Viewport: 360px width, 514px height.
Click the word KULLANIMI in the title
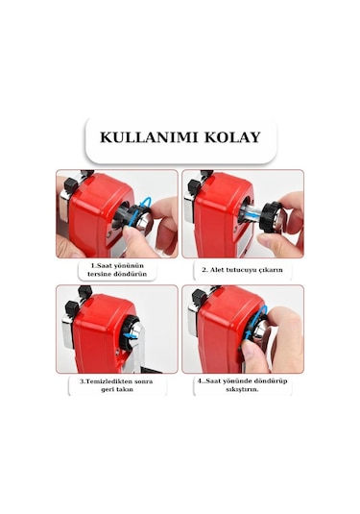149,137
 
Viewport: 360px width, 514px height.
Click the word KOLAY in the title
232,137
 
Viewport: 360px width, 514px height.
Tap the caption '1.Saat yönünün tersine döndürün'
117,270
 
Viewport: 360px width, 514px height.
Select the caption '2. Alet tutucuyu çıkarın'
242,270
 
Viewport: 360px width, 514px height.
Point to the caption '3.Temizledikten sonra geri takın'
117,385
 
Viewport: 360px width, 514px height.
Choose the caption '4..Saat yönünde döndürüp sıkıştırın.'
242,385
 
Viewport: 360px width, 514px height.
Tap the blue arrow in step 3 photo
131,335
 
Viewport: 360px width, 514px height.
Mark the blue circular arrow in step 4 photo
257,320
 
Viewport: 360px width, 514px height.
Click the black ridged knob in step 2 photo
269,217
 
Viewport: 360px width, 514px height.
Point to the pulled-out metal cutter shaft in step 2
250,214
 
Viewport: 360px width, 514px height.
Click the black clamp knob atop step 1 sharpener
71,185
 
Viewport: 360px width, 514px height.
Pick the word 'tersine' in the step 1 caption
99,274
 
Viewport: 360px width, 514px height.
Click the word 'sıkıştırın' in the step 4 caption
242,389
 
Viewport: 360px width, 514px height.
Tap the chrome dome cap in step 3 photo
135,331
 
